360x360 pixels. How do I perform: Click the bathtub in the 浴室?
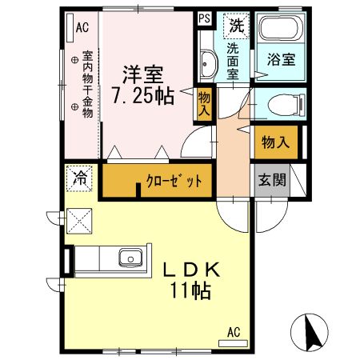click(280, 33)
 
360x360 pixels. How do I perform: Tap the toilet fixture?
click(282, 105)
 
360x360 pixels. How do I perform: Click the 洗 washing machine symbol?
click(235, 26)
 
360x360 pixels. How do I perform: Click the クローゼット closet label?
click(173, 182)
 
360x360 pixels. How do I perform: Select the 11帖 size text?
click(192, 292)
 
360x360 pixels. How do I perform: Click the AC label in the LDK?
click(234, 331)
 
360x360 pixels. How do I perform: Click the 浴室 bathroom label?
click(281, 59)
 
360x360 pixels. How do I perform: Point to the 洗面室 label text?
click(233, 60)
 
